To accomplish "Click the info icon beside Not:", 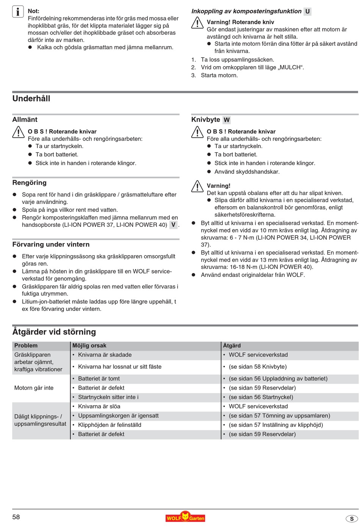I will click(18, 12).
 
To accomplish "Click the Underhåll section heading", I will click(31, 98).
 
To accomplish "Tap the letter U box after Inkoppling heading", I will click(307, 11).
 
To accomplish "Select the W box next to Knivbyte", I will click(227, 120).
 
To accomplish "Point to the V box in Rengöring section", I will click(173, 225).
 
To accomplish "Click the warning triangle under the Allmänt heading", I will click(18, 132).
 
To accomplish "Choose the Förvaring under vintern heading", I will click(51, 245).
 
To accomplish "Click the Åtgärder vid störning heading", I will click(54, 332).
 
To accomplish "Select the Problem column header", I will click(26, 346).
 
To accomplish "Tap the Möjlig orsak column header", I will click(89, 346).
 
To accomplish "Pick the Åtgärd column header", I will click(232, 346).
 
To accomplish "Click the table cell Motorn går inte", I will click(34, 388).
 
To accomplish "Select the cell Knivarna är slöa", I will click(99, 406).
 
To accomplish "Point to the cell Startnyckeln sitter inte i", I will click(108, 397).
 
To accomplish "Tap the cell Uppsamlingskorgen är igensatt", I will click(118, 416).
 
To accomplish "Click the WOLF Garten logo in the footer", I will click(185, 517).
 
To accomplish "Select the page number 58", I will click(16, 517).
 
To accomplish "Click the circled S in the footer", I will click(351, 519).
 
